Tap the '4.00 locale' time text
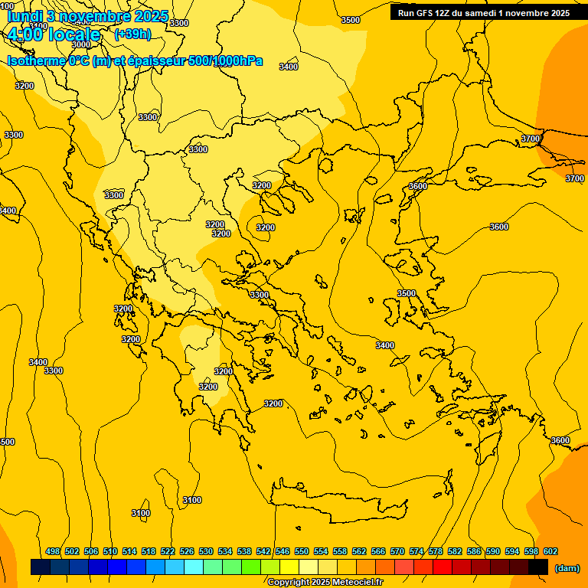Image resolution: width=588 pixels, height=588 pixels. [54, 35]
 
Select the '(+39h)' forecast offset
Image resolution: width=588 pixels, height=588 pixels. [132, 34]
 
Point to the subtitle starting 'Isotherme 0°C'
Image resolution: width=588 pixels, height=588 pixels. [135, 60]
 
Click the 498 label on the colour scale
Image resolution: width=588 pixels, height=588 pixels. [53, 551]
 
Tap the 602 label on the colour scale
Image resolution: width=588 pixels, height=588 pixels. [550, 551]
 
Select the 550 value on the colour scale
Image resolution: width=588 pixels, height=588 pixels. [302, 551]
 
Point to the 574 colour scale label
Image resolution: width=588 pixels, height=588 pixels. [416, 551]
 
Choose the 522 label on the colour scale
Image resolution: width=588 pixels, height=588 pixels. [168, 551]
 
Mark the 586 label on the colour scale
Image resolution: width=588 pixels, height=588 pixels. [474, 551]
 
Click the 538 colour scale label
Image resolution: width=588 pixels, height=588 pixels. [244, 551]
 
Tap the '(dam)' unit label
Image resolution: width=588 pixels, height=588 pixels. [567, 568]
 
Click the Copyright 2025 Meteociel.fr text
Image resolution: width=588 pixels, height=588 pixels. [325, 582]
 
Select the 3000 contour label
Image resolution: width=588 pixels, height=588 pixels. [80, 45]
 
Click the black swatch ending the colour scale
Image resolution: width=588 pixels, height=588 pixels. [538, 567]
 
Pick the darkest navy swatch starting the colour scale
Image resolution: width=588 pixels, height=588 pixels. [41, 567]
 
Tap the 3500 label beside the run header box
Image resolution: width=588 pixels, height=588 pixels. [350, 20]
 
